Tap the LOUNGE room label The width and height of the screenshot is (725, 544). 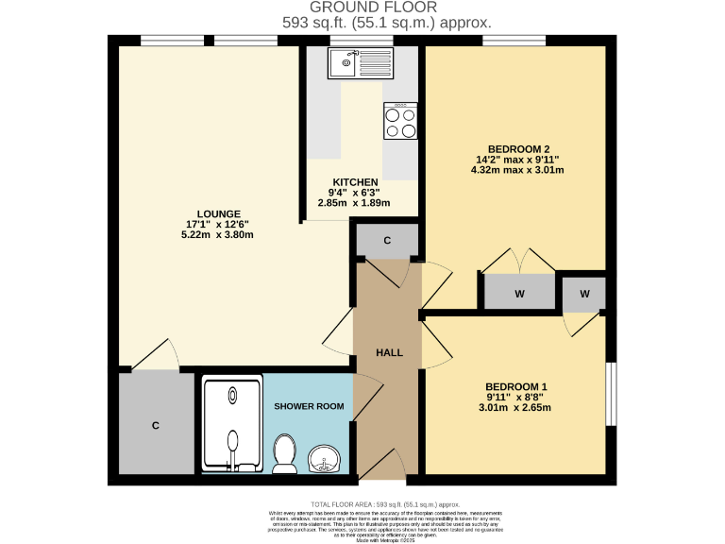pos(218,213)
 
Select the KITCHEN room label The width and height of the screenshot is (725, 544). pos(355,182)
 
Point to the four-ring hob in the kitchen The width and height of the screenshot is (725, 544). pos(400,120)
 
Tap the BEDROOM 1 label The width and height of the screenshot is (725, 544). pos(515,386)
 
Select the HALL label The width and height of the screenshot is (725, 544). pos(389,352)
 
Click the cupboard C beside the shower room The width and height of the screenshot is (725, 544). pos(156,425)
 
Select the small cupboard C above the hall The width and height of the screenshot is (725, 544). pos(387,241)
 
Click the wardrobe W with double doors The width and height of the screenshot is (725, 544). pos(519,293)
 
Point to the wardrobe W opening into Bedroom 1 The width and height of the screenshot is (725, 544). pos(584,294)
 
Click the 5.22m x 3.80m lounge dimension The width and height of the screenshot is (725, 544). pos(218,235)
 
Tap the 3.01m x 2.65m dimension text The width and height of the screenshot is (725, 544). pos(515,408)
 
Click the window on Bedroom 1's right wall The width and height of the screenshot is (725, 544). pos(611,395)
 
